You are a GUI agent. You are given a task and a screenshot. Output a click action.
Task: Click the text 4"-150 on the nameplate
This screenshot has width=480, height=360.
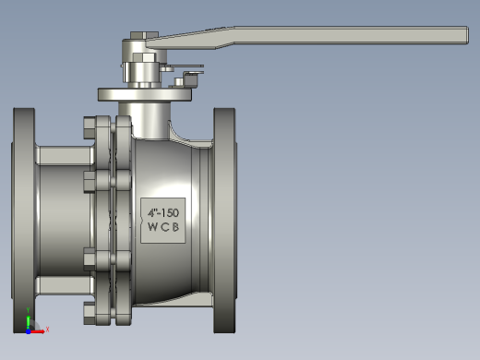[x=163, y=213]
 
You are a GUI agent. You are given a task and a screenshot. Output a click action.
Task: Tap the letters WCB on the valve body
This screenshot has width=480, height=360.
[x=163, y=227]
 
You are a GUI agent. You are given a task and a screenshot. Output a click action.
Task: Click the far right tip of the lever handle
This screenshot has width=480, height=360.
[x=469, y=35]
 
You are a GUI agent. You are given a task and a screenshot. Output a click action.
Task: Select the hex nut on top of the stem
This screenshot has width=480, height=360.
[x=144, y=35]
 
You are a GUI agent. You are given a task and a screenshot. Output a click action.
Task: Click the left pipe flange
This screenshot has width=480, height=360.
[x=24, y=221]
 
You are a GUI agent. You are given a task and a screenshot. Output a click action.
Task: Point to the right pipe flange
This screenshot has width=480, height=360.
[x=225, y=221]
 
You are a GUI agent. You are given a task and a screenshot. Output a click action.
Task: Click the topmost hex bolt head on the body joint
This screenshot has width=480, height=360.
[x=90, y=128]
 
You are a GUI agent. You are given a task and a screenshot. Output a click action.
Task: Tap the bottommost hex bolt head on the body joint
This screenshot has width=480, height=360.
[x=90, y=313]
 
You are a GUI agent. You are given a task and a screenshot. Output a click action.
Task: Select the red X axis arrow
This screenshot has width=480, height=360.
[x=37, y=331]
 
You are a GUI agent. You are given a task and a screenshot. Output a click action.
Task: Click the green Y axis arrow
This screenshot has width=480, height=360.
[x=28, y=321]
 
